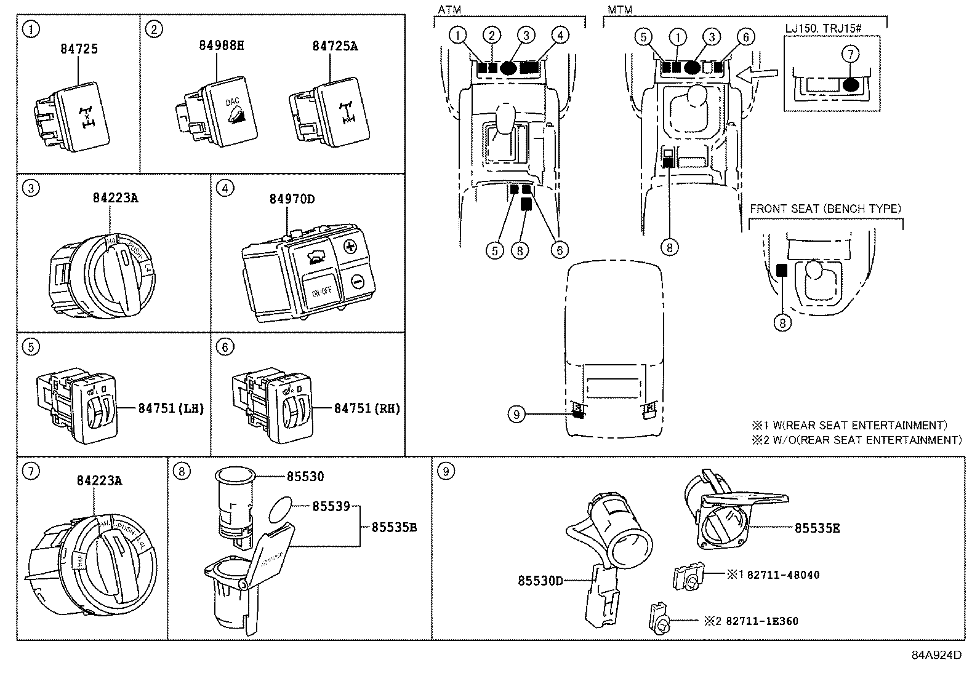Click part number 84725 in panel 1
[79, 49]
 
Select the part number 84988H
[222, 45]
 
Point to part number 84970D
[292, 199]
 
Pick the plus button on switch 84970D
[351, 248]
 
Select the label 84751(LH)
[171, 408]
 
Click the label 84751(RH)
[367, 408]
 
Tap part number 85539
[331, 506]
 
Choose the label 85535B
[394, 527]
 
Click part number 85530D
[540, 580]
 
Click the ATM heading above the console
[449, 10]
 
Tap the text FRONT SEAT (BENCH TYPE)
[825, 209]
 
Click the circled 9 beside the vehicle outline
[516, 415]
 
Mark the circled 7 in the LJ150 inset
[849, 54]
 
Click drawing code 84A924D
[936, 655]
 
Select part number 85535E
[817, 528]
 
